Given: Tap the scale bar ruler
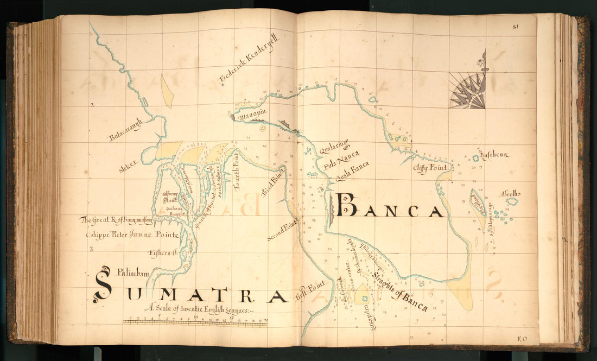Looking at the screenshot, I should (x=195, y=323).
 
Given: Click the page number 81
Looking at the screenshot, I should (x=515, y=26).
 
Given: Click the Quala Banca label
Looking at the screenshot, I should (x=352, y=171).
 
